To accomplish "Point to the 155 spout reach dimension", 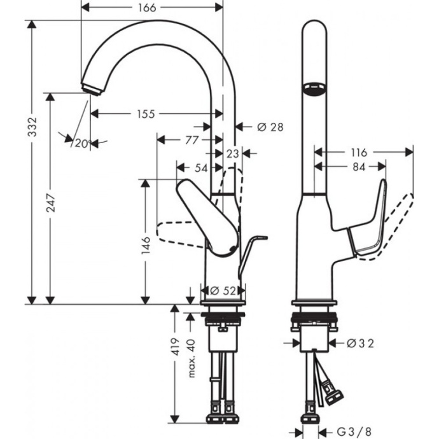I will pyautogui.click(x=145, y=114).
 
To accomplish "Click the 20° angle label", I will pyautogui.click(x=82, y=143).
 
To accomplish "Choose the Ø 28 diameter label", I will pyautogui.click(x=270, y=127).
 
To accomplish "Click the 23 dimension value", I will pyautogui.click(x=232, y=153).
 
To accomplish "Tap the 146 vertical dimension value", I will pyautogui.click(x=146, y=244).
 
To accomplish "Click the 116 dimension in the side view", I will pyautogui.click(x=358, y=153).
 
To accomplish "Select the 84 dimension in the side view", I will pyautogui.click(x=358, y=167).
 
